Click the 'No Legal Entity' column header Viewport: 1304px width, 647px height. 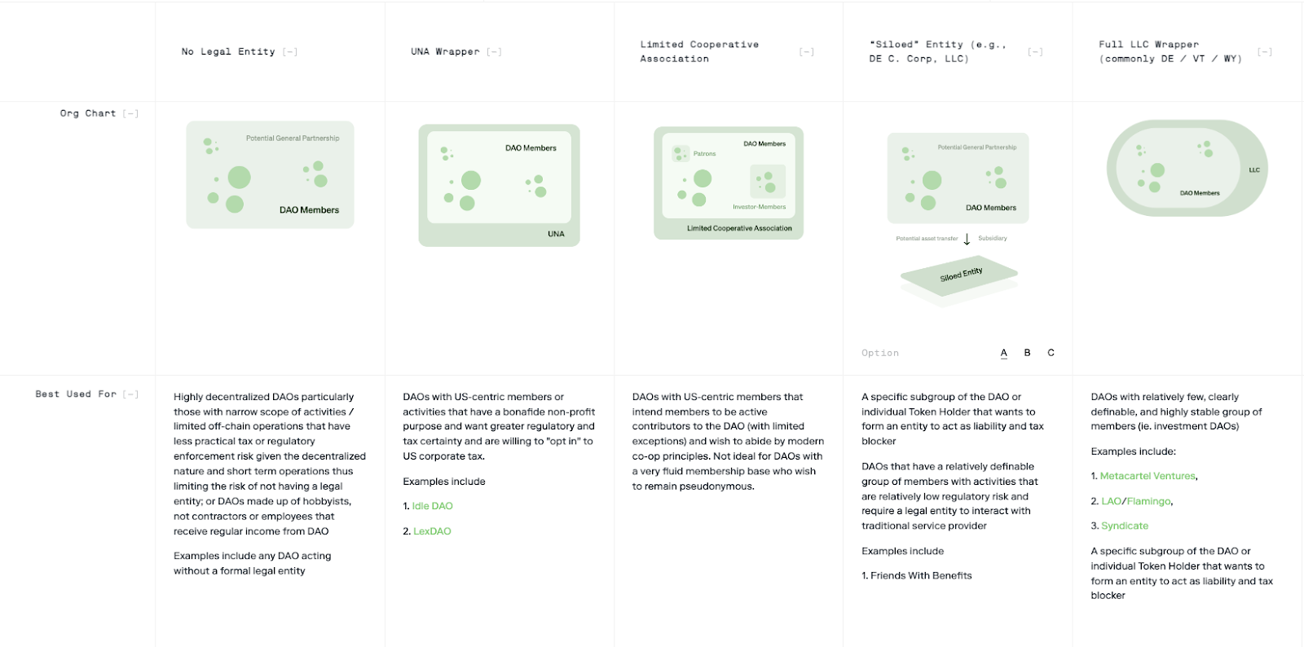pos(228,51)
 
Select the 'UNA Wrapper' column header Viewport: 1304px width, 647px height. pos(445,51)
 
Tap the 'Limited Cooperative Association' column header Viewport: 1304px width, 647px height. pos(699,51)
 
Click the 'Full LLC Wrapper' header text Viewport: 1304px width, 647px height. pos(1148,45)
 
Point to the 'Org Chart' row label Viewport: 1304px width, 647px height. pos(88,113)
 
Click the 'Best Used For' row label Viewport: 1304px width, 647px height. pos(76,394)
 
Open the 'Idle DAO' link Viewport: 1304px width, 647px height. pos(432,506)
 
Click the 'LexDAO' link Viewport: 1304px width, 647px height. pos(432,531)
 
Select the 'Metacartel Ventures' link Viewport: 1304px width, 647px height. pos(1148,476)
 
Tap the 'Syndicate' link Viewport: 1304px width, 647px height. pos(1125,526)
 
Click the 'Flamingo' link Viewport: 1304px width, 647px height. pos(1149,501)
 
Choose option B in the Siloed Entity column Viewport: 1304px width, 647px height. pos(1027,353)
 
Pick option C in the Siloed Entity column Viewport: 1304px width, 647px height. pos(1051,353)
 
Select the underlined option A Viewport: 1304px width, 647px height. pos(1004,353)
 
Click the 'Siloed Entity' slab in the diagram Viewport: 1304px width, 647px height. pos(960,275)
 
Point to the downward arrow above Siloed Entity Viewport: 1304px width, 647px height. pos(967,239)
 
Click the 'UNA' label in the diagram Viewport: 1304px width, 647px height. pos(556,234)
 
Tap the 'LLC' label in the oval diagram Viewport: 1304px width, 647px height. pos(1254,170)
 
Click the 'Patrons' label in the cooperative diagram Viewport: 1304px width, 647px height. pos(704,154)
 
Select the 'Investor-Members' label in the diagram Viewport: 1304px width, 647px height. pos(759,207)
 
